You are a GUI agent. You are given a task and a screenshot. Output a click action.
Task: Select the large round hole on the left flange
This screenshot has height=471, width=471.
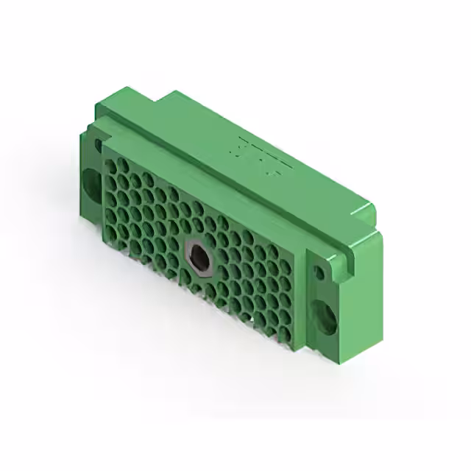click(x=91, y=183)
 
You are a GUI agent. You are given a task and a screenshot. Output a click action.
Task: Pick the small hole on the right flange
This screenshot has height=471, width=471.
click(x=319, y=273)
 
